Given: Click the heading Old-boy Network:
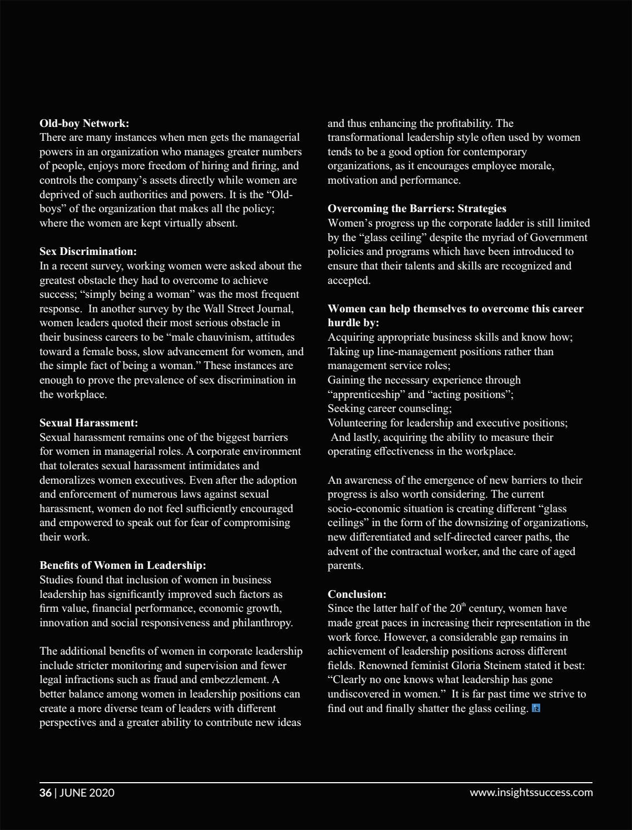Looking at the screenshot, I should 84,123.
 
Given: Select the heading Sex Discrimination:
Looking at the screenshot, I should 88,251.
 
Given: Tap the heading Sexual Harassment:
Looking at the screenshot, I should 88,423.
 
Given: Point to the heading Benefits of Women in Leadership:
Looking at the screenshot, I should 122,565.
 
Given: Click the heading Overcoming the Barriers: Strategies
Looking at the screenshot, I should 417,208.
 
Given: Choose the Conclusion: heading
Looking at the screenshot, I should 357,594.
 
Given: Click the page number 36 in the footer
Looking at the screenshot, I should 45,793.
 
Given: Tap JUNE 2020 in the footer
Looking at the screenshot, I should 87,793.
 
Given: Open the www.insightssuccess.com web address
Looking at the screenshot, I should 531,793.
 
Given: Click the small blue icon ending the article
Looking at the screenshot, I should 536,708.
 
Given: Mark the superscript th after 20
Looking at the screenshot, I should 464,605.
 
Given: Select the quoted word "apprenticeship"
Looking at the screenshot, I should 366,394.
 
